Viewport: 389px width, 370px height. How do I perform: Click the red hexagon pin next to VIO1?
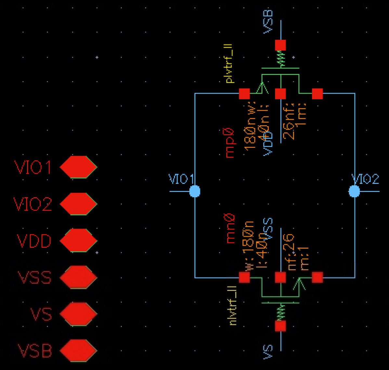(x=78, y=167)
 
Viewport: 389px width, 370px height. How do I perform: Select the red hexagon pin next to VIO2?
(x=78, y=204)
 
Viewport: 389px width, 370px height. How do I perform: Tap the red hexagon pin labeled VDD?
(x=78, y=240)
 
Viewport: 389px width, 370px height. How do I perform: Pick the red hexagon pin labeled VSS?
(x=78, y=278)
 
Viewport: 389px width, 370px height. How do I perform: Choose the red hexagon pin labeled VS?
(x=78, y=314)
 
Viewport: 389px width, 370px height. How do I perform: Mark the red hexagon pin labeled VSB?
(x=78, y=351)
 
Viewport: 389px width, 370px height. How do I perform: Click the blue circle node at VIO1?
(x=195, y=191)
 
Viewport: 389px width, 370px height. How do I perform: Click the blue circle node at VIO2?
(x=354, y=191)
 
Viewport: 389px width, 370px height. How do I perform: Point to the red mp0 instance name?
(x=230, y=143)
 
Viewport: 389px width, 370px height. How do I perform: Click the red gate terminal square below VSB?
(x=280, y=45)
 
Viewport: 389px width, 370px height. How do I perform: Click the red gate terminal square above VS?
(x=280, y=326)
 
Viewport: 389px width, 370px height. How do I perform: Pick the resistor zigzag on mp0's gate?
(x=280, y=60)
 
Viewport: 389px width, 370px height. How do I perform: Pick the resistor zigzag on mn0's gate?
(x=280, y=312)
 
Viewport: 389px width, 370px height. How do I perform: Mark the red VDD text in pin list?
(x=34, y=241)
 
